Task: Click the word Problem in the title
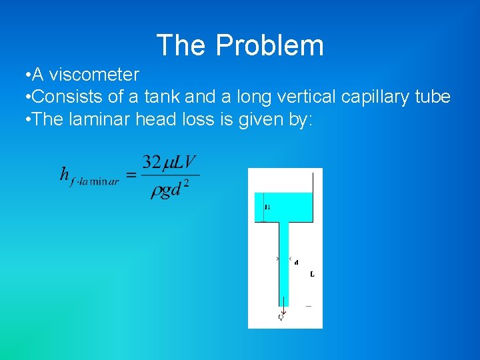coord(269,45)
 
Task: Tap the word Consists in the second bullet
coord(66,97)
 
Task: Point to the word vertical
coord(308,97)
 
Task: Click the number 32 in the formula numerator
coord(151,163)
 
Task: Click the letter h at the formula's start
coord(64,175)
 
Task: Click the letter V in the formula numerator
coord(191,163)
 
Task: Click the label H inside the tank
coord(267,207)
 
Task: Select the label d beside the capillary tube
coord(296,262)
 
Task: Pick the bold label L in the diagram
coord(312,274)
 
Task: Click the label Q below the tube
coord(281,317)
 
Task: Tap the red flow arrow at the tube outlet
coord(283,309)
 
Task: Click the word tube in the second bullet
coord(433,97)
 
